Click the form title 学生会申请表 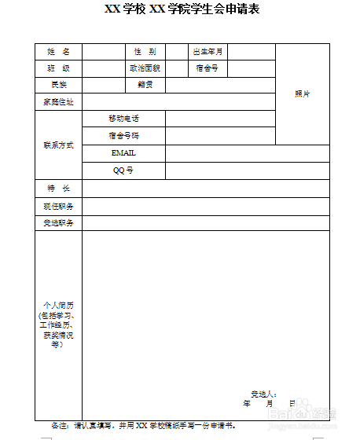182,9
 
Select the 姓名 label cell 59,51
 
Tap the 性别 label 145,51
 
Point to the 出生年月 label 208,51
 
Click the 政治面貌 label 145,68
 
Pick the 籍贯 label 145,84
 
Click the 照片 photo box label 303,93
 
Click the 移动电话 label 124,118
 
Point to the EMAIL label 123,152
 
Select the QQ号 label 123,170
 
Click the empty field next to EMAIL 247,152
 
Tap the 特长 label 59,189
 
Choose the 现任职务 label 59,206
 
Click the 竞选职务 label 59,222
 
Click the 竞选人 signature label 263,393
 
